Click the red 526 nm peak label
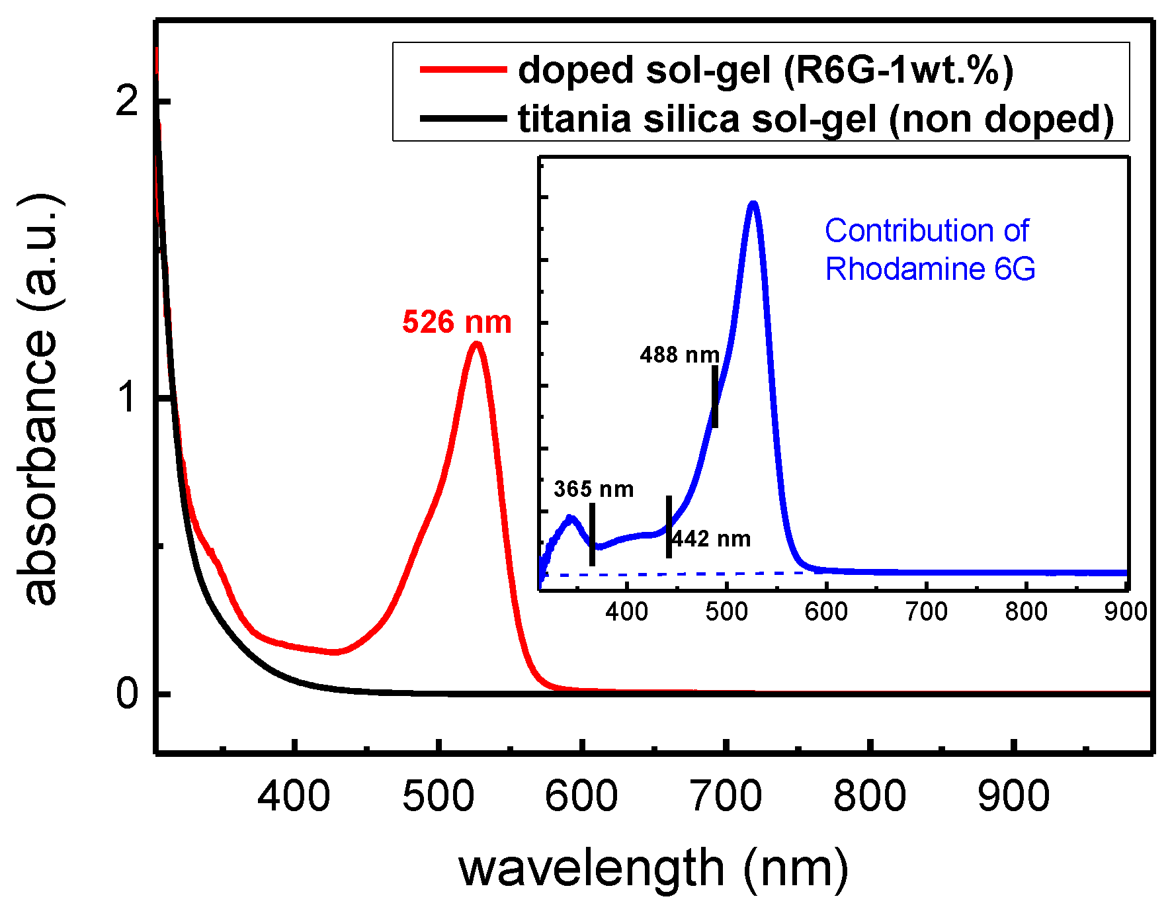[456, 322]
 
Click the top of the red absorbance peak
[476, 343]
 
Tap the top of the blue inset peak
[753, 204]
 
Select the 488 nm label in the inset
[679, 355]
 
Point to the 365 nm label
[593, 489]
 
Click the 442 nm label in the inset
[712, 539]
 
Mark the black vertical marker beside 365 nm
[592, 535]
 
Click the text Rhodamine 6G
[930, 269]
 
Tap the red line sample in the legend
[462, 69]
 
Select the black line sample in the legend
[462, 119]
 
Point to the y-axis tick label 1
[127, 398]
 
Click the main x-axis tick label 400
[294, 796]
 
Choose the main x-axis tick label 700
[726, 796]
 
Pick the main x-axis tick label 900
[1013, 796]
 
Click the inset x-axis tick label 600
[826, 611]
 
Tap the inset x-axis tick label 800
[1026, 611]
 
